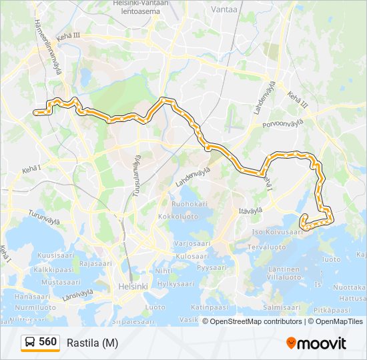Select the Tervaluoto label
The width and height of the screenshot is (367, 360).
click(x=266, y=247)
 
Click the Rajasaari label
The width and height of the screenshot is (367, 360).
click(x=95, y=263)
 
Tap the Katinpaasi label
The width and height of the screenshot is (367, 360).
click(x=210, y=308)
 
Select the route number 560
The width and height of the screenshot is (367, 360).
click(x=47, y=342)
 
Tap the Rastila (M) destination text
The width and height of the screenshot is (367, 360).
click(x=92, y=343)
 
